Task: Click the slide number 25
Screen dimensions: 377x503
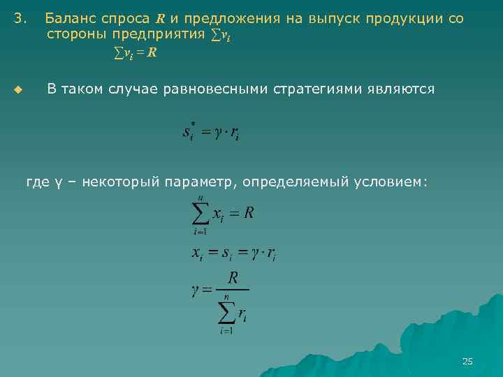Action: click(467, 361)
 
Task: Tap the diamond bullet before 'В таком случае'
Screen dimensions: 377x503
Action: click(19, 90)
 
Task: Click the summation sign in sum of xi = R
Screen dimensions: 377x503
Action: click(201, 215)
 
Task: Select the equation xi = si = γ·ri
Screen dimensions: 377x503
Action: click(233, 255)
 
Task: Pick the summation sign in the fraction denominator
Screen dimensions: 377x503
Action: click(226, 313)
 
